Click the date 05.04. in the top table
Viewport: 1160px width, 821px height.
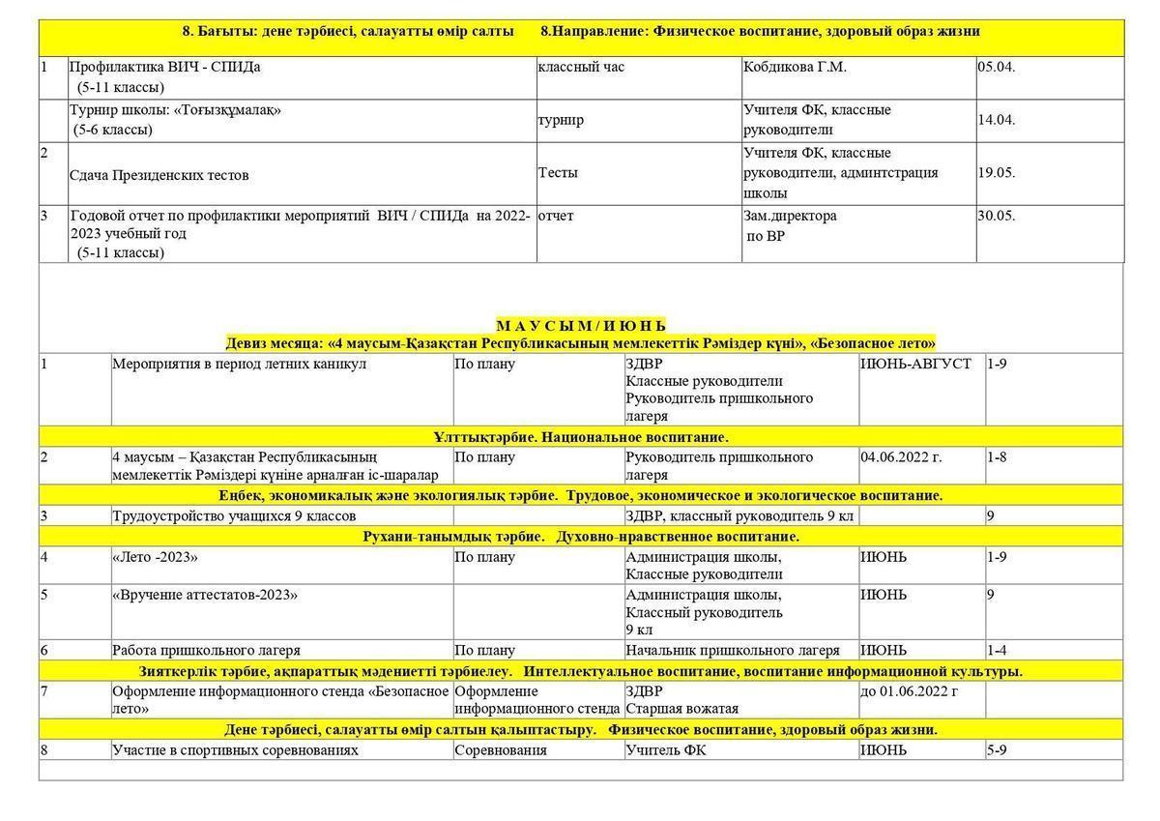[996, 68]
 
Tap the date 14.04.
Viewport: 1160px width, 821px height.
[996, 121]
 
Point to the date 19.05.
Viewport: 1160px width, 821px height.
[996, 173]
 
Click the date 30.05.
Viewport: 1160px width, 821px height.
[996, 216]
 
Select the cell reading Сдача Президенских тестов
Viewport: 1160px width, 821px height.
[159, 175]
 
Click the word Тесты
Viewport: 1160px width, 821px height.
[558, 173]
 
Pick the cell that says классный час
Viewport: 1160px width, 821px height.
[581, 68]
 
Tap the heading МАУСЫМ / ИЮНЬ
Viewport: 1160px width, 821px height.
[581, 325]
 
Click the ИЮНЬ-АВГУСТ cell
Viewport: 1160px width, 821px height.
[915, 364]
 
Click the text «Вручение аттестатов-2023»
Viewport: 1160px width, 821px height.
[205, 594]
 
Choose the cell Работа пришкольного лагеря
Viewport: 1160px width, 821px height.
[206, 650]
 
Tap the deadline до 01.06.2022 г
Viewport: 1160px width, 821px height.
[909, 691]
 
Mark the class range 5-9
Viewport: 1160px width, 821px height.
[997, 749]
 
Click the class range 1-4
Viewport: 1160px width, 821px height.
[997, 650]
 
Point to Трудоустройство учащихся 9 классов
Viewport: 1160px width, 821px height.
[234, 516]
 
